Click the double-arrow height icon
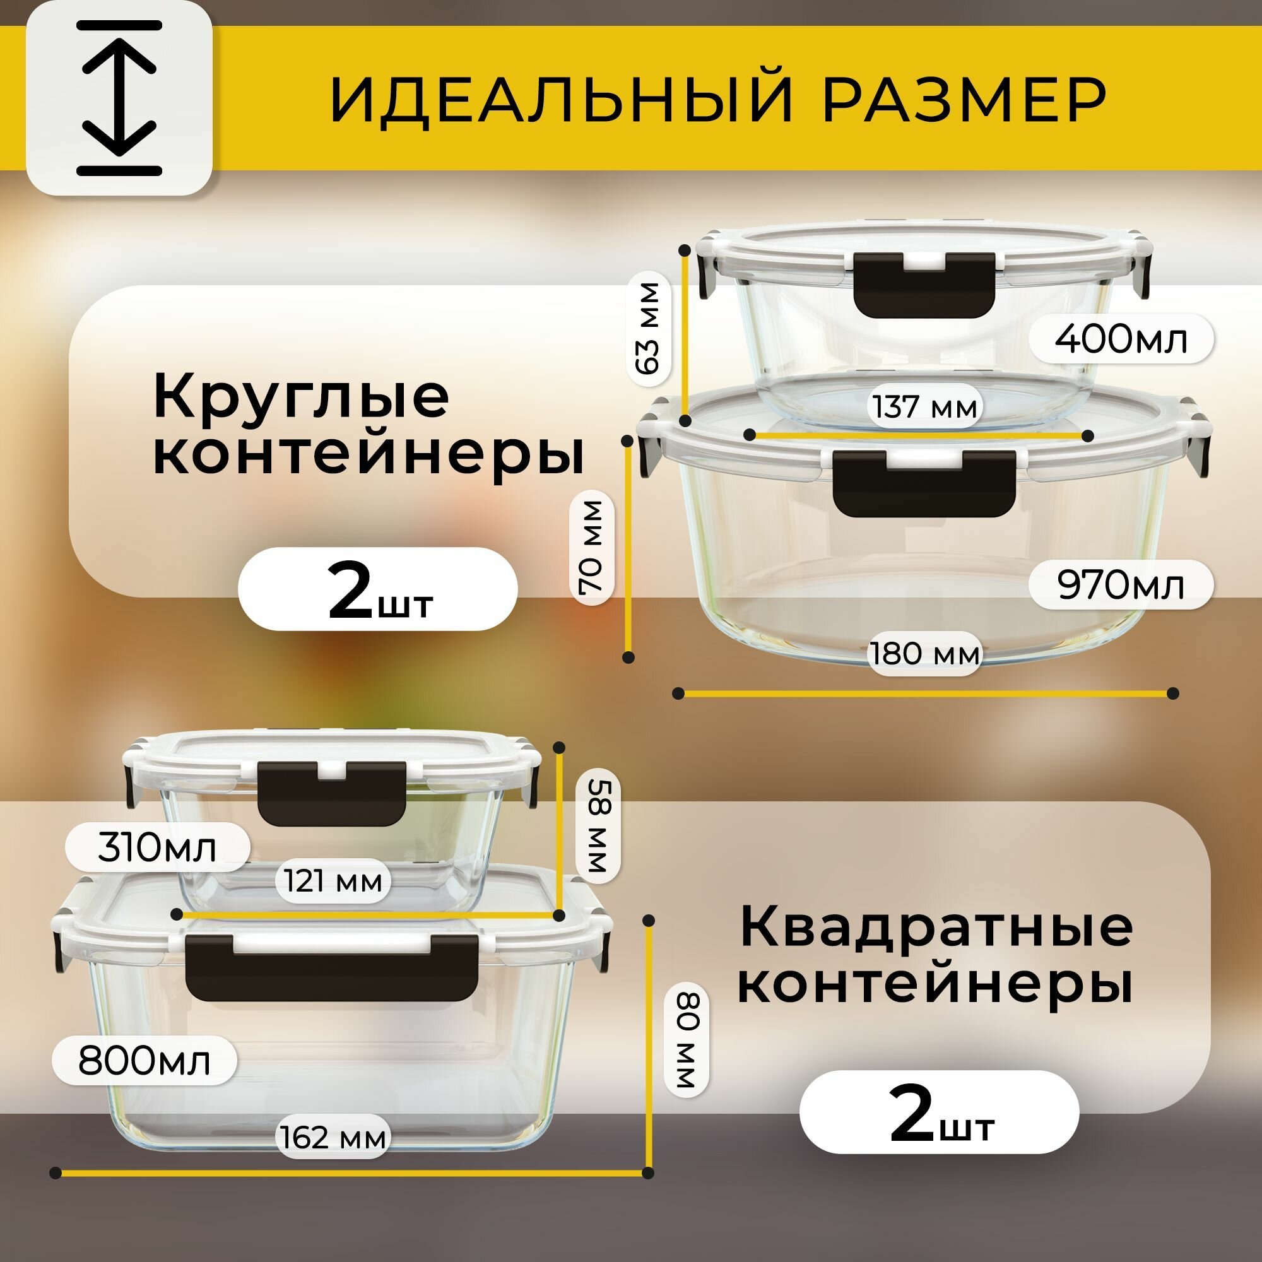[x=119, y=98]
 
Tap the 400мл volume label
[x=1120, y=339]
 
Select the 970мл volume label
[x=1120, y=585]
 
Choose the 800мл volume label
[x=144, y=1061]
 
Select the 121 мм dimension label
[x=333, y=881]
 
